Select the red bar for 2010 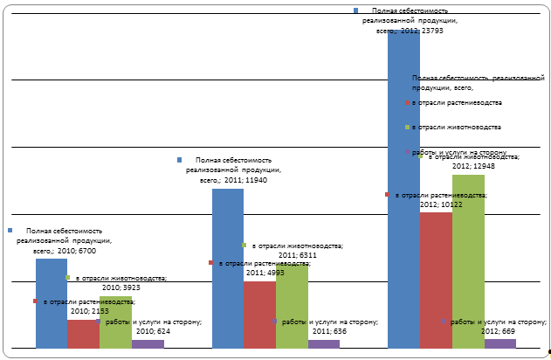coord(84,335)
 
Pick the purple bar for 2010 coord(148,343)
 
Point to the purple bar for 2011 coord(324,343)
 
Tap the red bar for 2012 coord(436,280)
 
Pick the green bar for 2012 coord(468,262)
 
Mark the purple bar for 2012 coord(500,343)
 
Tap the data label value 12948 coord(489,167)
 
